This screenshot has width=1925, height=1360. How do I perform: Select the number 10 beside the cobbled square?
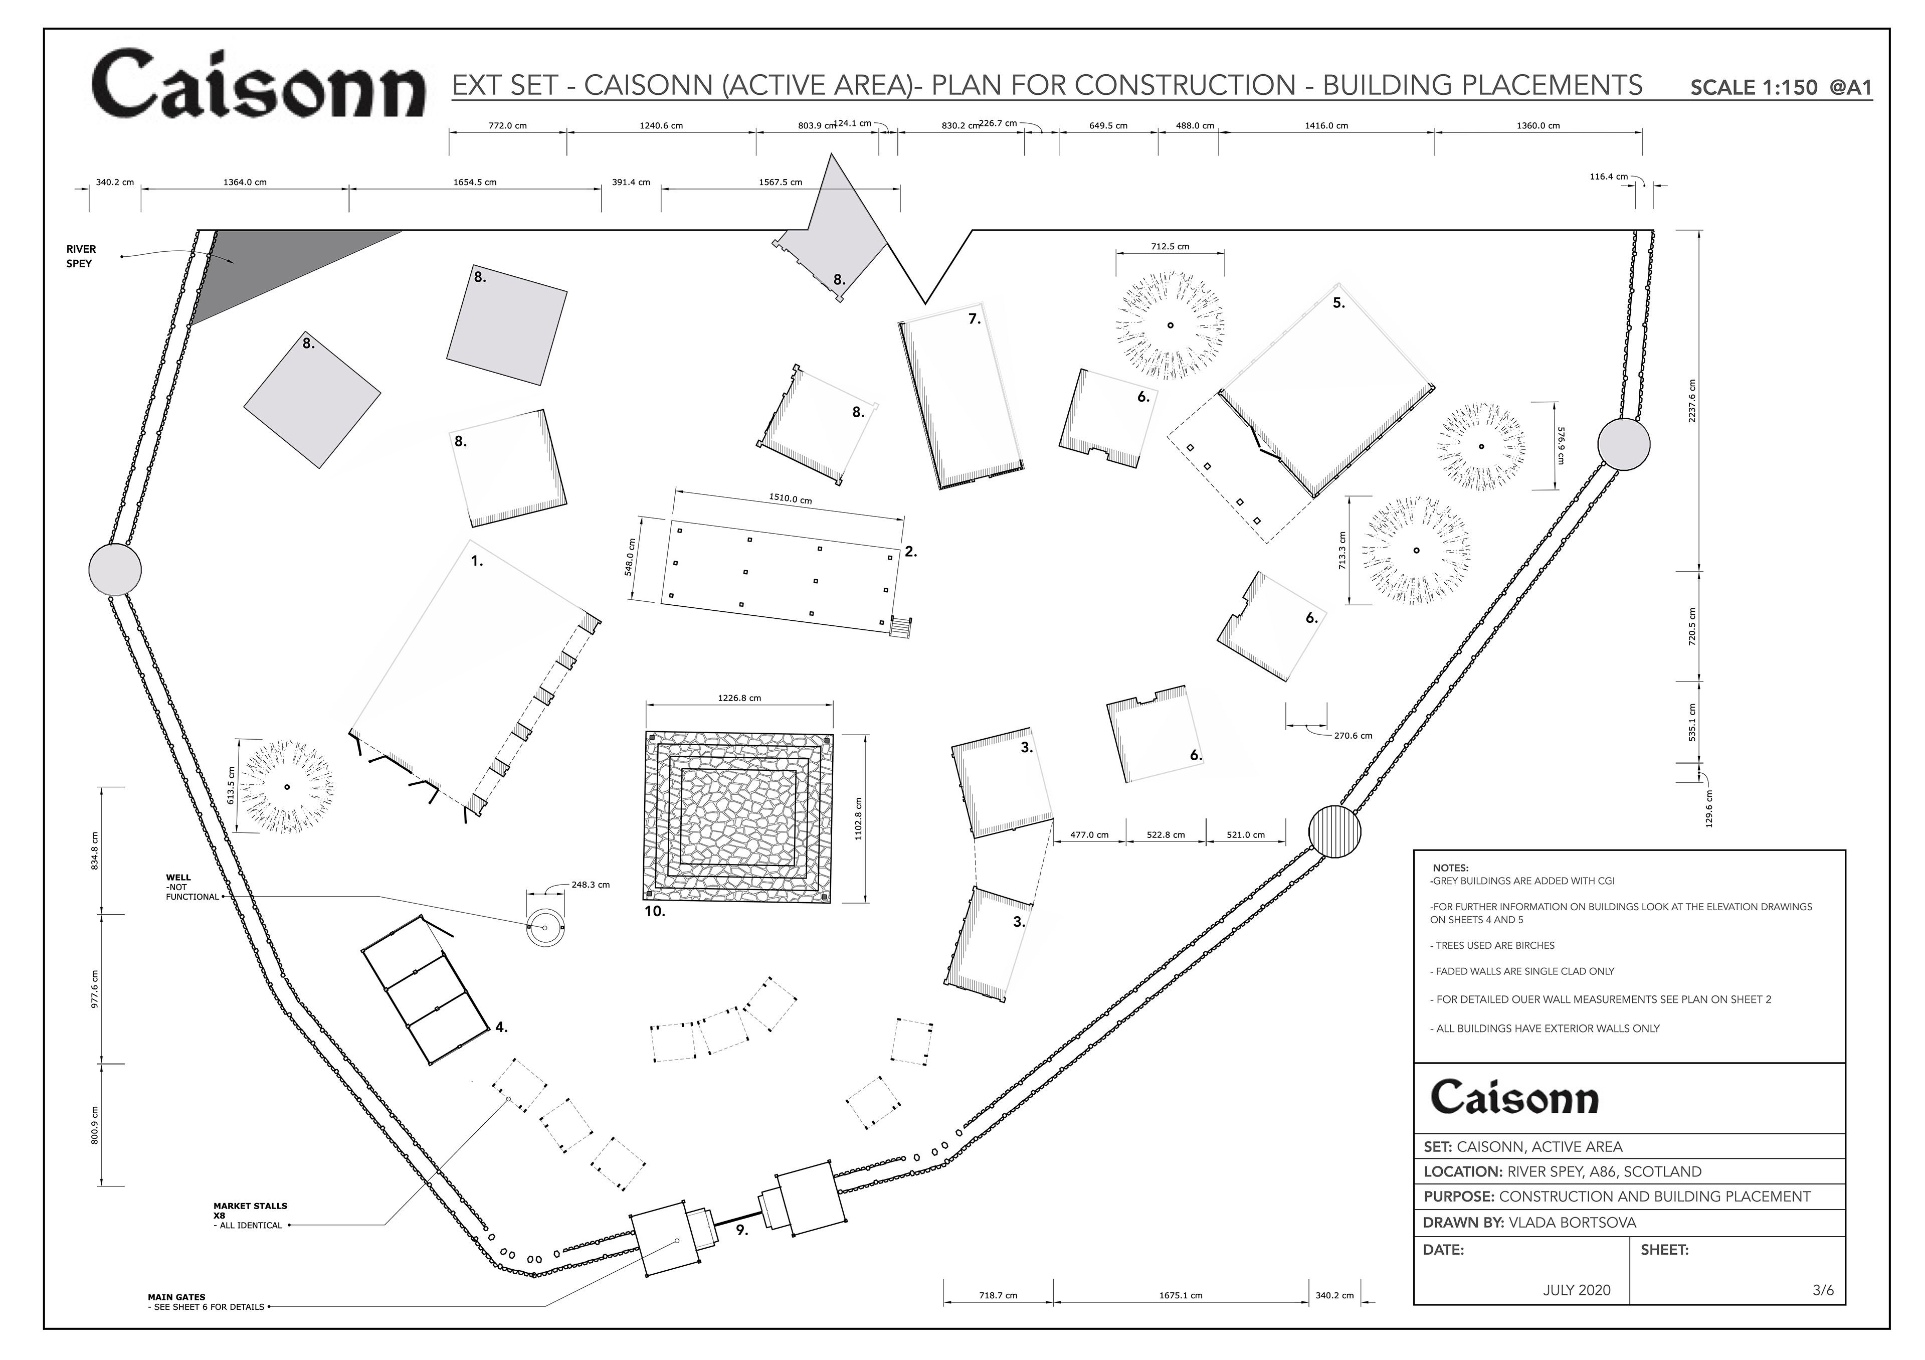[655, 911]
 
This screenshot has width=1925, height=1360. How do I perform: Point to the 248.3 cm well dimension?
[590, 885]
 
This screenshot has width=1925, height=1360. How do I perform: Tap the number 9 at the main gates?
[741, 1231]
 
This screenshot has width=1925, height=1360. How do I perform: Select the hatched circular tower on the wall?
[1335, 832]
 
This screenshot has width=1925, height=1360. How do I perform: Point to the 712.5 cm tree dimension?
[1170, 247]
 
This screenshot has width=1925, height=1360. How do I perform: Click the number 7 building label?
[974, 319]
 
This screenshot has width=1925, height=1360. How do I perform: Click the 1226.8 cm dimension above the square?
[739, 698]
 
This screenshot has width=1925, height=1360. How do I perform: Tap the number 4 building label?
[500, 1027]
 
